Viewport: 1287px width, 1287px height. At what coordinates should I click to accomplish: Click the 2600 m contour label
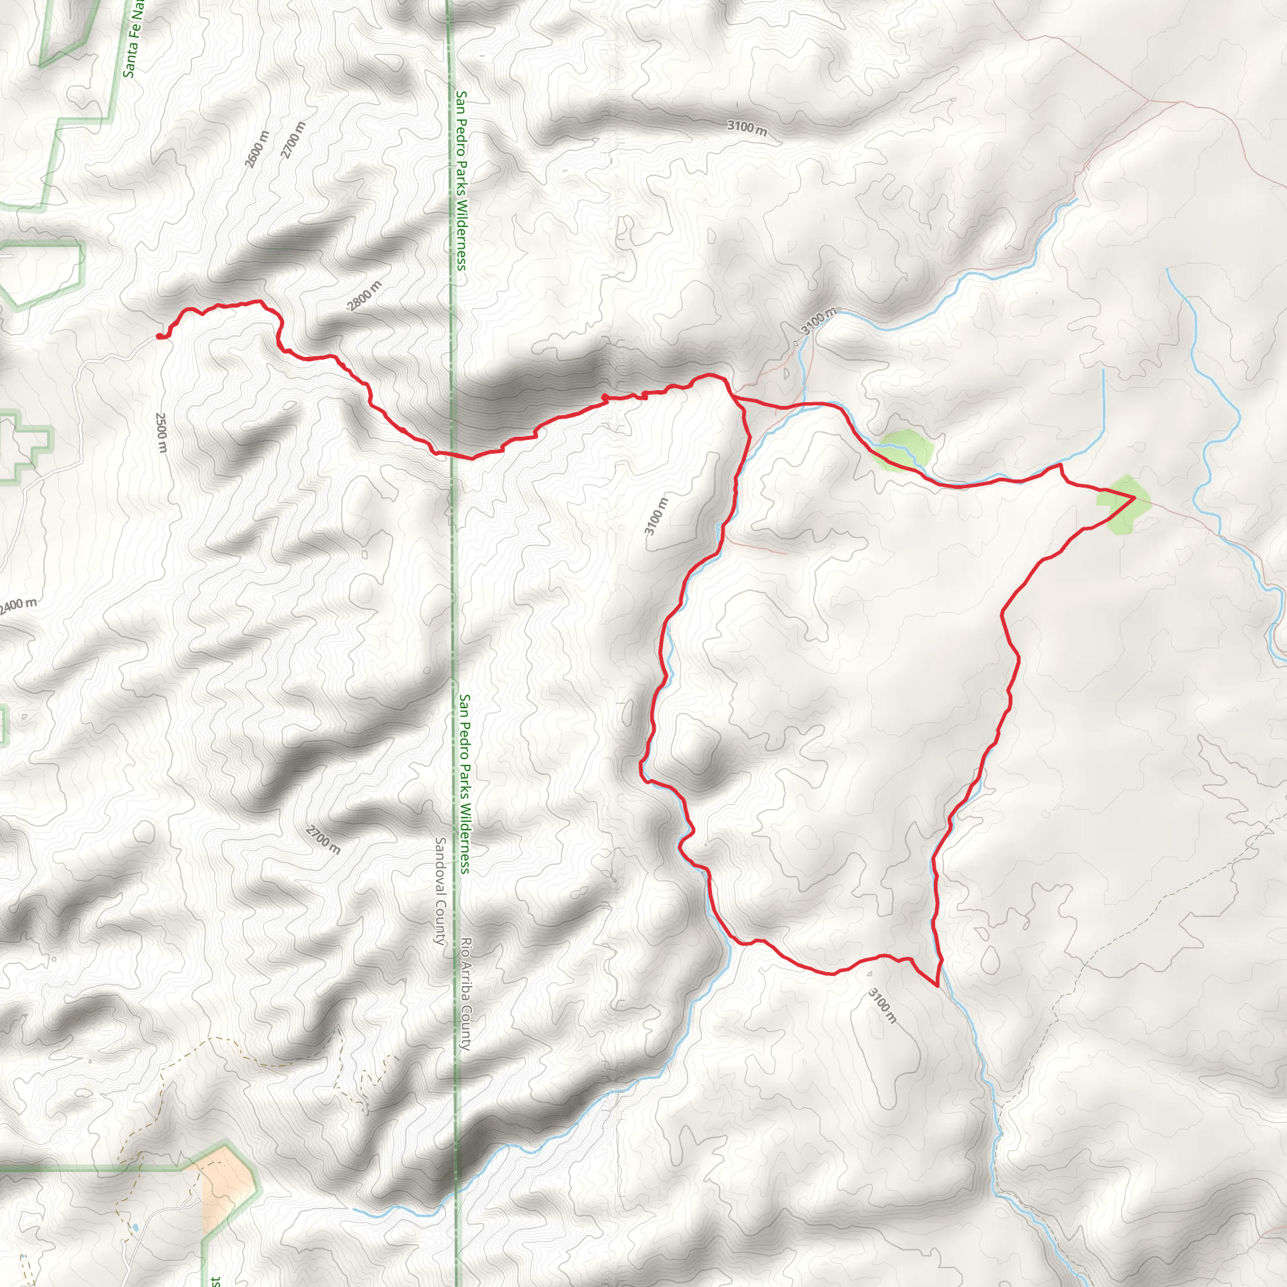[x=256, y=149]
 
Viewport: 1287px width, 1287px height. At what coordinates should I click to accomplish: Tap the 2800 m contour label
[x=364, y=296]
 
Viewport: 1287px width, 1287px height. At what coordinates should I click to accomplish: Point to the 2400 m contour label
[x=18, y=606]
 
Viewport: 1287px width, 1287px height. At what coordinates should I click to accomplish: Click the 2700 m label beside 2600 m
[x=293, y=140]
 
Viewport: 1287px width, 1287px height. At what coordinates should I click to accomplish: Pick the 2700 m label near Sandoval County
[x=323, y=840]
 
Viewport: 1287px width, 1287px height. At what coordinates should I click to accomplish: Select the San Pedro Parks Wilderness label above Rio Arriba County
[x=464, y=784]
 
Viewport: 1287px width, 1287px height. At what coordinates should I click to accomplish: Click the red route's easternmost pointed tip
[x=1134, y=498]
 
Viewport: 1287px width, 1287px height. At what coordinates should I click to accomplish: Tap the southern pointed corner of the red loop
[x=936, y=985]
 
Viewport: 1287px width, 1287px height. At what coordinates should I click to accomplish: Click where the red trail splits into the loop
[x=733, y=398]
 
